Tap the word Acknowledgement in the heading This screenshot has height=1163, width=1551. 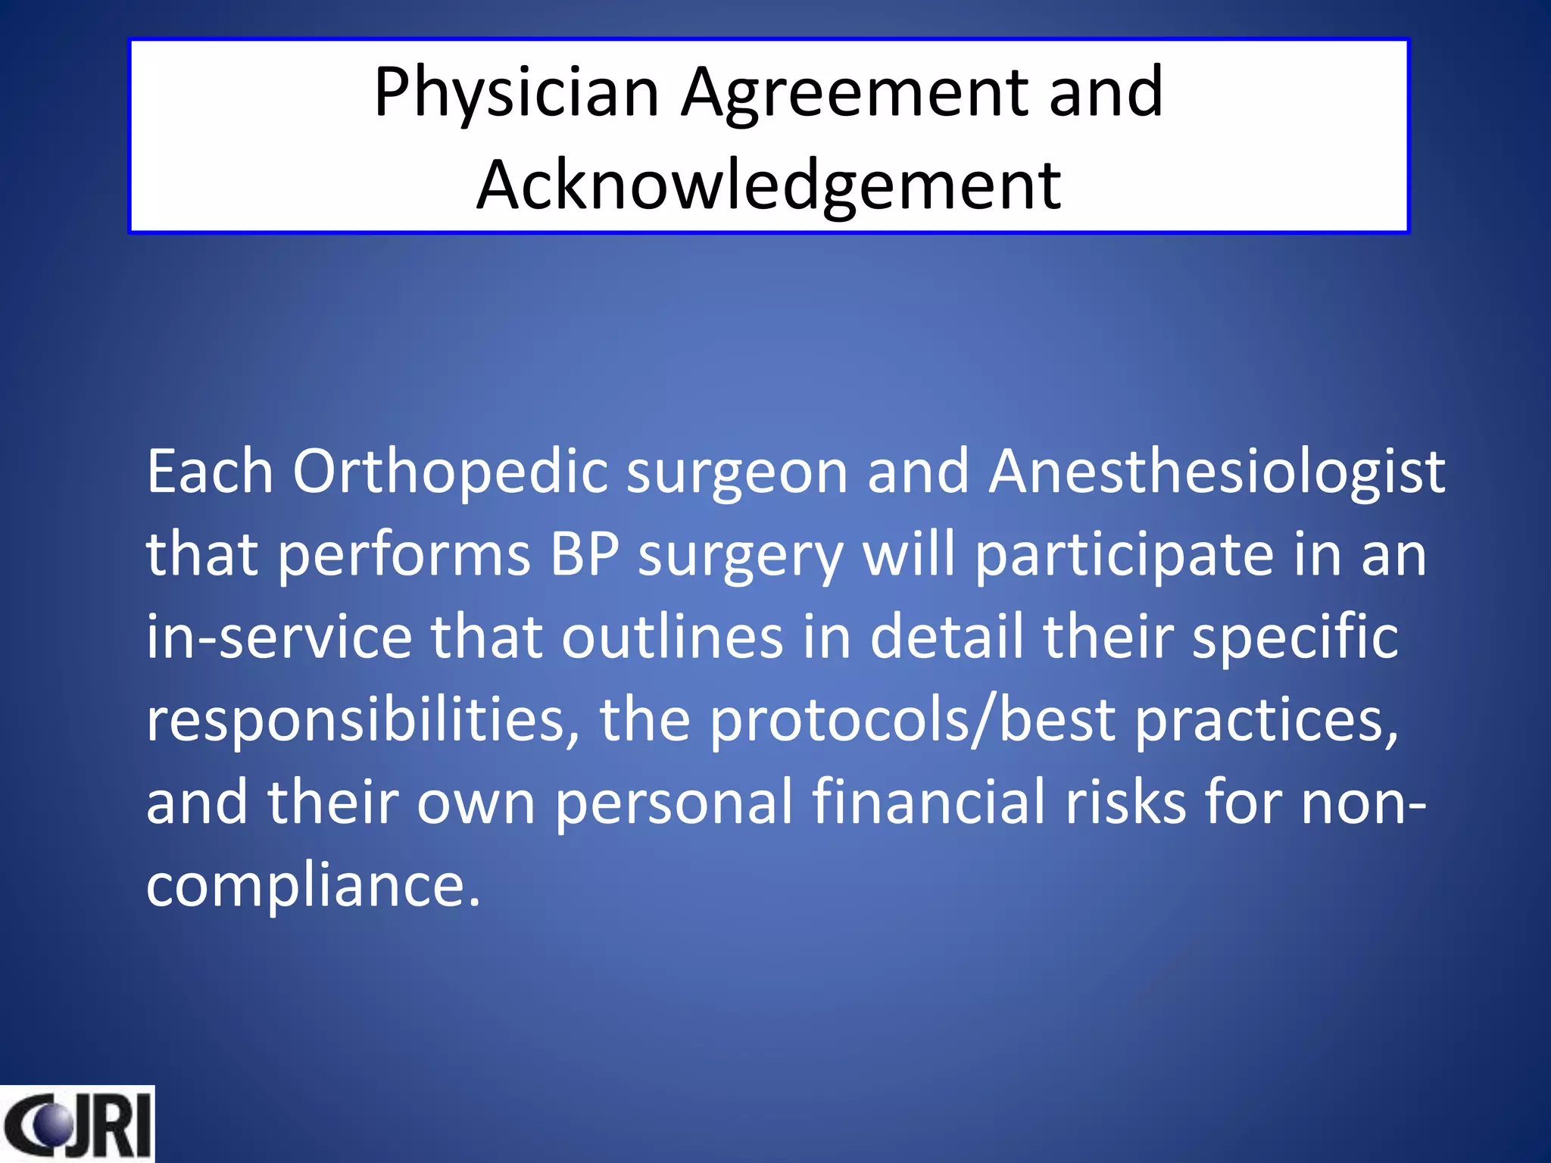pos(769,186)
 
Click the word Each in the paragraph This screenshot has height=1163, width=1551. pos(210,472)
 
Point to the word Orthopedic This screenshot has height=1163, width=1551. pos(450,472)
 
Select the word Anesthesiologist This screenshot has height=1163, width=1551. pos(1217,472)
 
